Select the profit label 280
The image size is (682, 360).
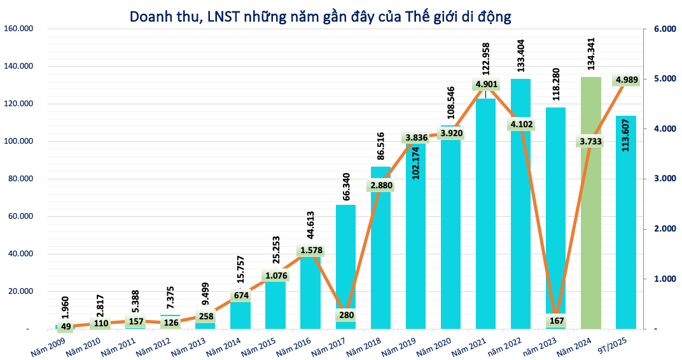pyautogui.click(x=345, y=314)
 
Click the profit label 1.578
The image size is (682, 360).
pyautogui.click(x=311, y=250)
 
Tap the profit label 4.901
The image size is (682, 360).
pyautogui.click(x=485, y=84)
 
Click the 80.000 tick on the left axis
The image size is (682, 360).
pyautogui.click(x=20, y=179)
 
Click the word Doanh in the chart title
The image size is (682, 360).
pyautogui.click(x=151, y=17)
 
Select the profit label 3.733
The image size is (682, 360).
pyautogui.click(x=590, y=141)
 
